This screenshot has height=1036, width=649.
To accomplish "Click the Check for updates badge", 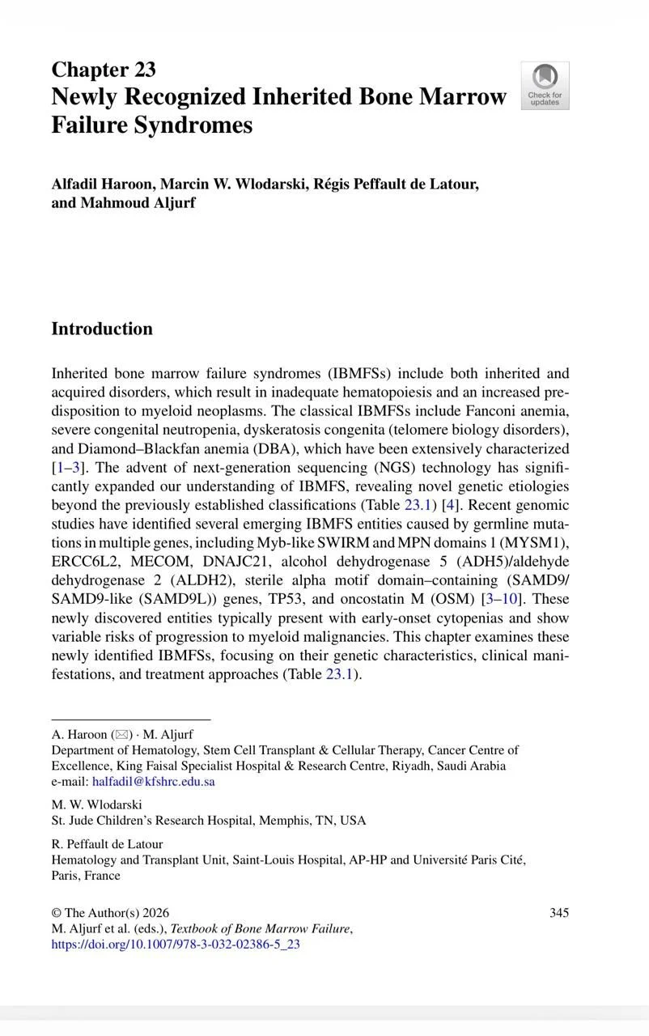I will (x=545, y=85).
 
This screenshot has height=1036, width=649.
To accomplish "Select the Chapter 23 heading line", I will (x=104, y=70).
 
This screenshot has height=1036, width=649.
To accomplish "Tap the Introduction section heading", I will (x=102, y=329).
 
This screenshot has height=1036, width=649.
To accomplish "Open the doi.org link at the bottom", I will (x=176, y=944).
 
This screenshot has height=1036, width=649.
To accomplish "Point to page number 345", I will (x=558, y=913).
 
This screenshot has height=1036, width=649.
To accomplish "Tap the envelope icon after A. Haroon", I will (x=122, y=735).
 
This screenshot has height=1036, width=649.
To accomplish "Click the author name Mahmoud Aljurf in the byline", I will (x=138, y=203).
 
